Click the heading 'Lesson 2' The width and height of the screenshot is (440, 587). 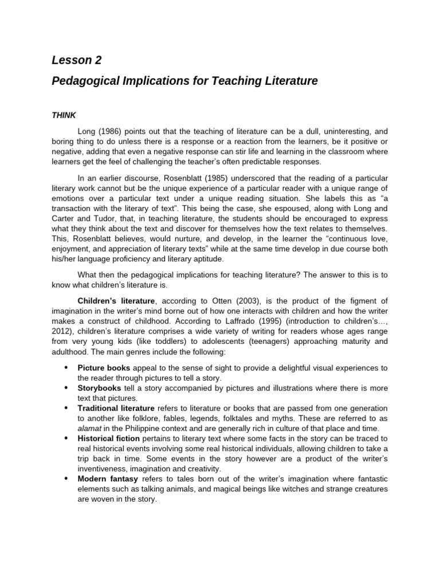(x=76, y=60)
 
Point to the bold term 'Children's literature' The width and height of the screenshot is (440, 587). (x=116, y=301)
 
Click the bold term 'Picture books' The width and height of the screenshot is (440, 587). (x=104, y=367)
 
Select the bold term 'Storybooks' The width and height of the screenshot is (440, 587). (x=99, y=388)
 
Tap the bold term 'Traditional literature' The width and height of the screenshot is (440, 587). (x=116, y=408)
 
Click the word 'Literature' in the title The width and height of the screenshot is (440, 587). (x=292, y=81)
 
